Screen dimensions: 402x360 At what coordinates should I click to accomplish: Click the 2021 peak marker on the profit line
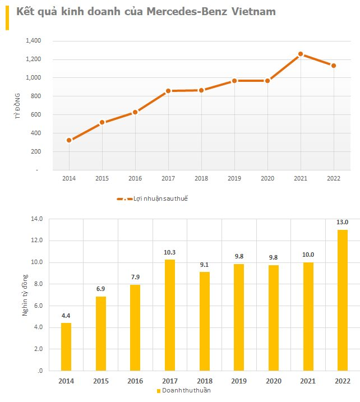tap(301, 54)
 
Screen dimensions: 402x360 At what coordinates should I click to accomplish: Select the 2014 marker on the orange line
tap(69, 140)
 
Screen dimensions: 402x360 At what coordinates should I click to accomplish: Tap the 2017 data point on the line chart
tap(168, 91)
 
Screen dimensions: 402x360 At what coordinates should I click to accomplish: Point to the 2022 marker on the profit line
tap(334, 66)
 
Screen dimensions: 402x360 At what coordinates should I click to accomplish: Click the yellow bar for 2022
tap(342, 300)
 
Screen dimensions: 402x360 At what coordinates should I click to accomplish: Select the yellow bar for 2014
tap(66, 346)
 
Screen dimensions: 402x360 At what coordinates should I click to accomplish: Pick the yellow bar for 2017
tap(170, 315)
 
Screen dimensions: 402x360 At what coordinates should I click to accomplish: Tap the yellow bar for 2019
tap(239, 317)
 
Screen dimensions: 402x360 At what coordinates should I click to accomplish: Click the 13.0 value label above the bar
tap(342, 222)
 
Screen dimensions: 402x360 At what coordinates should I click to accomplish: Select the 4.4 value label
tap(66, 316)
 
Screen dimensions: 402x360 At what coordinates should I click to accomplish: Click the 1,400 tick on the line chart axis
tap(34, 41)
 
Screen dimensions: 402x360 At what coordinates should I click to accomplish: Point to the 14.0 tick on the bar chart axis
tap(37, 219)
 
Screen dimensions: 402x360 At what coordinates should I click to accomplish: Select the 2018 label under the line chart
tap(201, 178)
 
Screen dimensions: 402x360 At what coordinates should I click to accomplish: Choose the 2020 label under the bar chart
tap(273, 381)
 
